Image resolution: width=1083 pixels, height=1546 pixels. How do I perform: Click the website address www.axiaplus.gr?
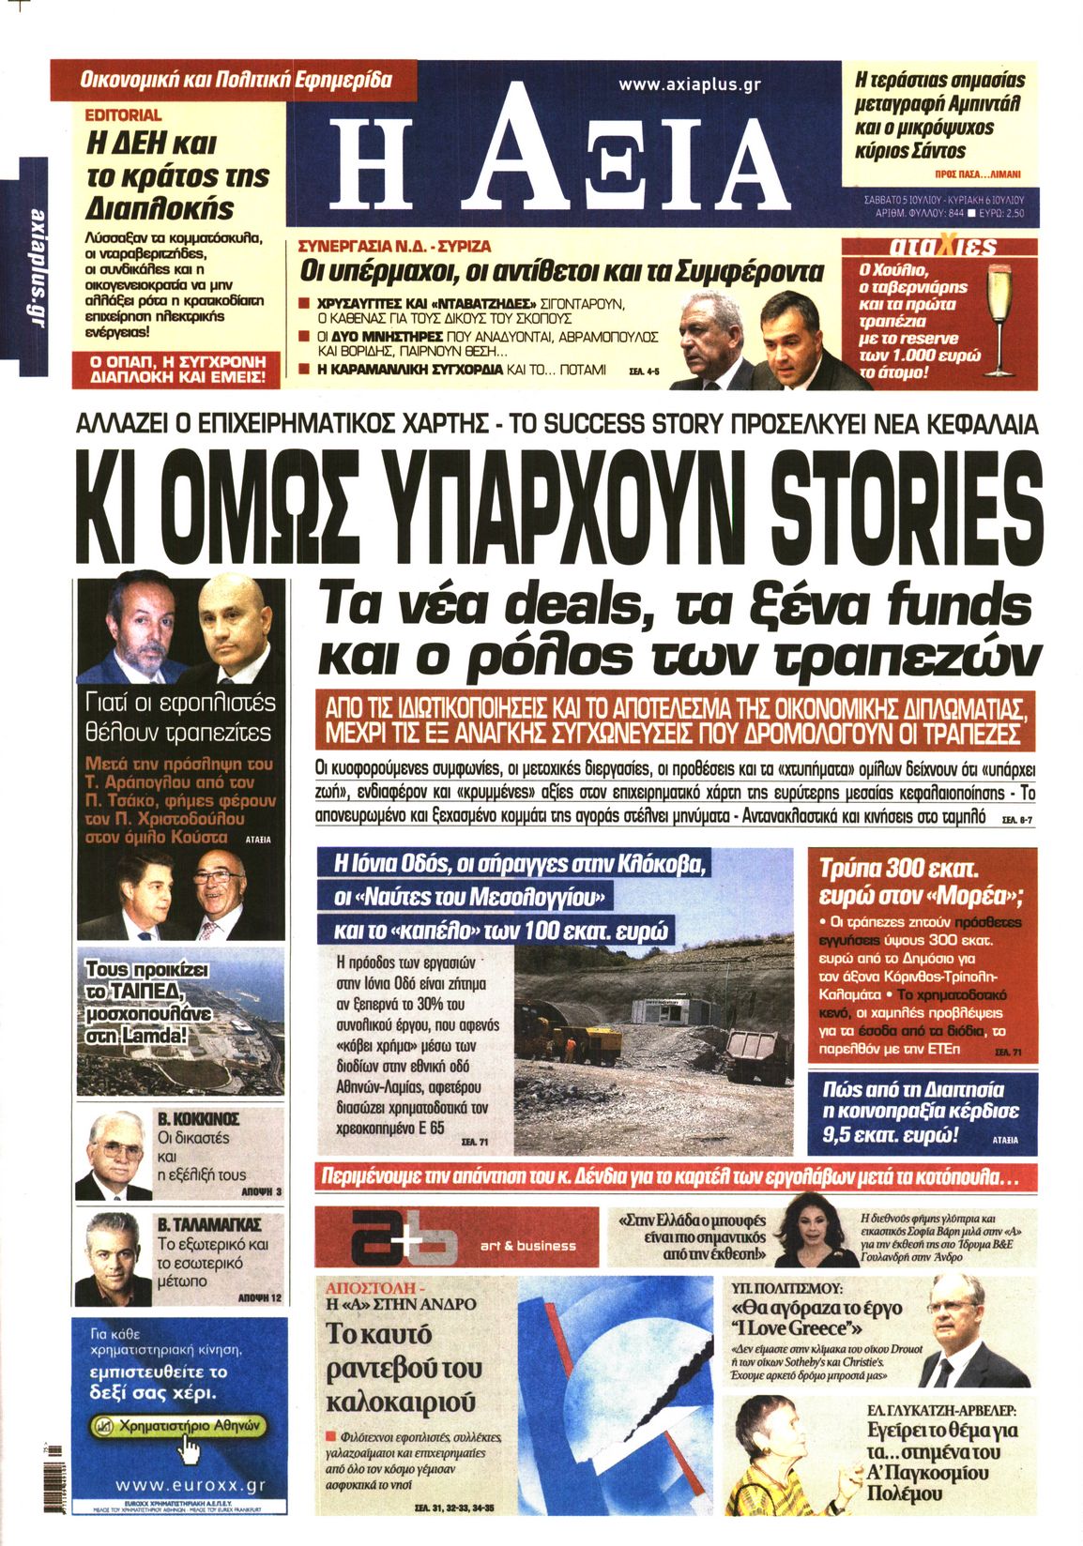(x=689, y=84)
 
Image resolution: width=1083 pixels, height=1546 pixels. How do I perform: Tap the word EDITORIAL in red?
(x=123, y=115)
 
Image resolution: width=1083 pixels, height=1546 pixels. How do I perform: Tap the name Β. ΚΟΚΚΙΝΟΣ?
(x=198, y=1119)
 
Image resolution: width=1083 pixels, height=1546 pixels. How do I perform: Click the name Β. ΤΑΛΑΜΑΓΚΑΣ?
(x=209, y=1224)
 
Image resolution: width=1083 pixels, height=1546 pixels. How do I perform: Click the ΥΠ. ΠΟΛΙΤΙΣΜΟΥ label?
(x=786, y=1288)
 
